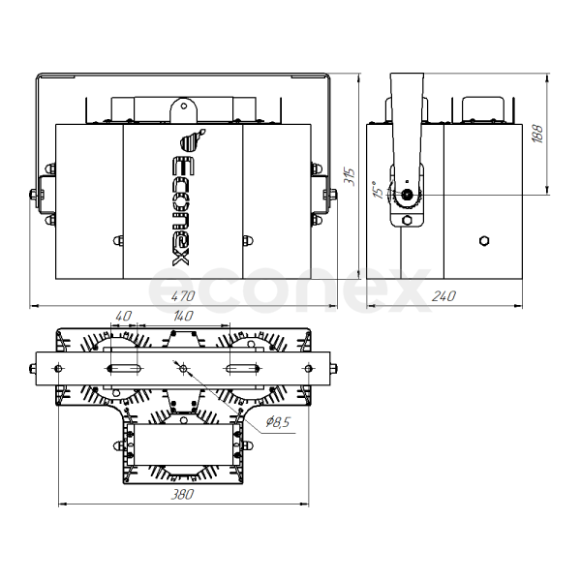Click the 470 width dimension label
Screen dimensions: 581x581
tap(183, 296)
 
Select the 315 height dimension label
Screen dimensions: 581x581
tap(350, 177)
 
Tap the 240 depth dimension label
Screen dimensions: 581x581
tap(443, 296)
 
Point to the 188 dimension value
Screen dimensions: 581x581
tap(537, 134)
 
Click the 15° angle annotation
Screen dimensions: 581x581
tap(379, 190)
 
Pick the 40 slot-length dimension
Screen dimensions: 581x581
tap(123, 316)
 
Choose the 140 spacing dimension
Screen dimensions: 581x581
tap(183, 316)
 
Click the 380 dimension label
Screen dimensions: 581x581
tap(182, 494)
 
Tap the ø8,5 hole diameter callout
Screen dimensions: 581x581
tap(278, 421)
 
